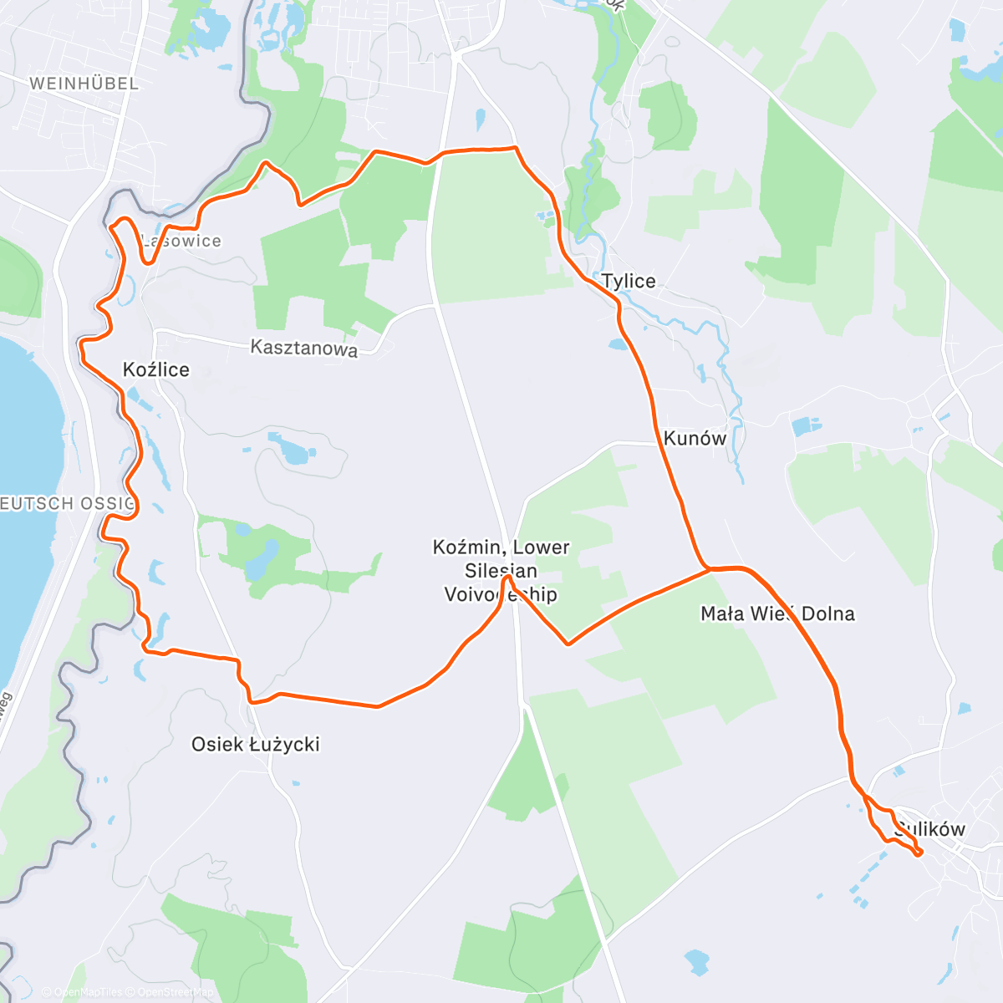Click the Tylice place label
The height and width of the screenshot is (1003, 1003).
629,281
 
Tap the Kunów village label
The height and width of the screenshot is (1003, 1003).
695,438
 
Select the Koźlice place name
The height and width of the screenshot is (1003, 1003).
156,369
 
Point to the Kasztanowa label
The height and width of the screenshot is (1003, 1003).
304,348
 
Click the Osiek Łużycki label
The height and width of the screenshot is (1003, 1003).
256,744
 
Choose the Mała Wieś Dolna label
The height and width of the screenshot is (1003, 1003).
777,614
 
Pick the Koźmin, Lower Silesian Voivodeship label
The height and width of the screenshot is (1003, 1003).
501,571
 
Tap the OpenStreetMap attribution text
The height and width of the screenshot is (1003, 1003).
176,992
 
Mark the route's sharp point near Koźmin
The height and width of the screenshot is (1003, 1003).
507,578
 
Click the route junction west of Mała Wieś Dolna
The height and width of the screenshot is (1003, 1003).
710,569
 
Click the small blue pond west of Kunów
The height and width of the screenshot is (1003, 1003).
619,344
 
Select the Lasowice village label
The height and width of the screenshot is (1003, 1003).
181,241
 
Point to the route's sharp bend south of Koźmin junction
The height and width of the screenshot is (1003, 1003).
568,644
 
